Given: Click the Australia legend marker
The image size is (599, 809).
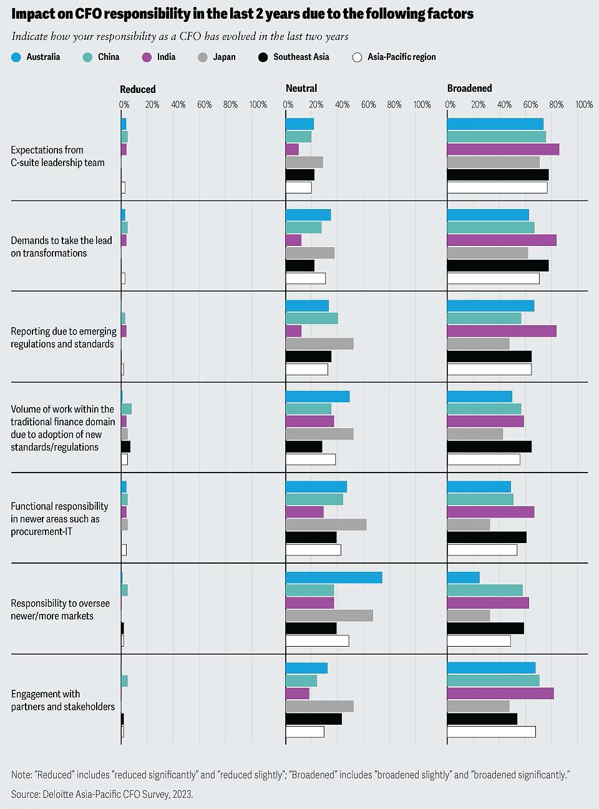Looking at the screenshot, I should pos(16,57).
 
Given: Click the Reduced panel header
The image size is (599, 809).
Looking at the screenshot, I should pos(138,89).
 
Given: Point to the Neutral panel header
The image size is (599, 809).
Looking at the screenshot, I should pos(301,89).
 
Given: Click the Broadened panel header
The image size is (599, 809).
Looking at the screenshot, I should pos(469,89).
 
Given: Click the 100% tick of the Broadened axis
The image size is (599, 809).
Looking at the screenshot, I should pos(584,105).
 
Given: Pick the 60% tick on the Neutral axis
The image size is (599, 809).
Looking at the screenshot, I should pos(368,105).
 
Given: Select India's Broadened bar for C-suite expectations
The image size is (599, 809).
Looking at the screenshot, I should pos(503,149).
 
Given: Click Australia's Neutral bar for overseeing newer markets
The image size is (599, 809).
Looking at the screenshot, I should pos(334,577).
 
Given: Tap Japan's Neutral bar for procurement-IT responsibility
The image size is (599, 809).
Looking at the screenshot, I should pos(326,524).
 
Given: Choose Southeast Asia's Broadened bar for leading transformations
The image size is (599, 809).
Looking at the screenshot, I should pos(498,265).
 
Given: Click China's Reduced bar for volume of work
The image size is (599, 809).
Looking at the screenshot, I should pos(127,409).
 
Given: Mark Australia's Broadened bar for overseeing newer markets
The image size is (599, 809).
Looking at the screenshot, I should pos(464,577).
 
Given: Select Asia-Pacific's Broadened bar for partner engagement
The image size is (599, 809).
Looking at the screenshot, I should pos(491,732).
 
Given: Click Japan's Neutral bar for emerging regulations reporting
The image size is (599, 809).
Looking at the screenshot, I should pos(319,344).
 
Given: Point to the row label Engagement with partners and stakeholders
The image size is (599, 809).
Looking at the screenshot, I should pos(63,700).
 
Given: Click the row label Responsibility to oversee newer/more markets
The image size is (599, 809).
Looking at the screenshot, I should pos(60,609).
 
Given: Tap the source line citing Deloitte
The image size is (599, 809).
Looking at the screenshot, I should pos(102,794).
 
